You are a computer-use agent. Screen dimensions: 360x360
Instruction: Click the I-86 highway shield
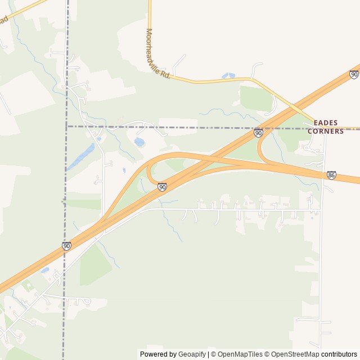tap(332, 175)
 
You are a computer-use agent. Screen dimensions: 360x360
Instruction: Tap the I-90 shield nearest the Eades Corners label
tap(258, 133)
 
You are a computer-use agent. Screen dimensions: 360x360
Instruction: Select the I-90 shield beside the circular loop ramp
tap(162, 187)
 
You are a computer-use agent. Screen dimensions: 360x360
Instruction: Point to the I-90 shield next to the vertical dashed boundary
tap(66, 246)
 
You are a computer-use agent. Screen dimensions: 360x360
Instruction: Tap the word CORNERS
tap(325, 131)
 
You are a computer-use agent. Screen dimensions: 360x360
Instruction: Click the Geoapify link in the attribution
tap(192, 354)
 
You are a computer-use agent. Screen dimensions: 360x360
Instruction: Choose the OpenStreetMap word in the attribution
tap(295, 354)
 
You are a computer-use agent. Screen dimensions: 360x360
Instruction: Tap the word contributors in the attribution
tap(339, 354)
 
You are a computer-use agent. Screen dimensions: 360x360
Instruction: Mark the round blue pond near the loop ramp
tap(139, 142)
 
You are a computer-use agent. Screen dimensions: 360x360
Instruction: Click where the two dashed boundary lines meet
tap(67, 127)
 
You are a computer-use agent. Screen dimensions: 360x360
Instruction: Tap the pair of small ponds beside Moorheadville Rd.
tap(228, 75)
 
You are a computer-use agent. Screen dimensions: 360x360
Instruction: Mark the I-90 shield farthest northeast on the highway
tap(354, 74)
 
